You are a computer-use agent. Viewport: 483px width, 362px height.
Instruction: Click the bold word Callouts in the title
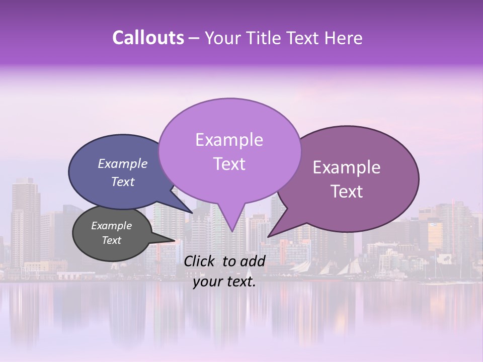point(148,38)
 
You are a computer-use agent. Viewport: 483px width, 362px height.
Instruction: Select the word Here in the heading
point(344,38)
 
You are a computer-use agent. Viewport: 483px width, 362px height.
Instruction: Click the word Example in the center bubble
point(229,140)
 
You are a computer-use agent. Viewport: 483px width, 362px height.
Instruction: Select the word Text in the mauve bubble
point(347,192)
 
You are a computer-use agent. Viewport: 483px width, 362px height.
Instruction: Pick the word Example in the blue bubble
point(123,164)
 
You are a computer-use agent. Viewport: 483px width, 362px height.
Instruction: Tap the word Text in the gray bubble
point(111,240)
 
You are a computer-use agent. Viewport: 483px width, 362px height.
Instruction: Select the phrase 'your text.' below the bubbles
point(224,282)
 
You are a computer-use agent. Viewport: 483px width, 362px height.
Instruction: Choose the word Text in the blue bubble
point(123,182)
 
